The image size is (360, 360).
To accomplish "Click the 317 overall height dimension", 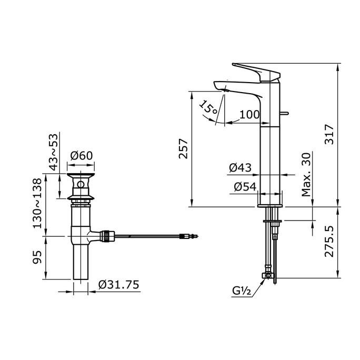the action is click(x=329, y=134).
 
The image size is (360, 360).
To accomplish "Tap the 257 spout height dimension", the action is click(x=183, y=148).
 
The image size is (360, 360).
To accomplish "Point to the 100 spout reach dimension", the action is click(x=249, y=114).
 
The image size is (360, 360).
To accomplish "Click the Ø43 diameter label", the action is click(x=240, y=167).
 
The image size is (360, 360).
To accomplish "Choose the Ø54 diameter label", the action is click(x=245, y=187).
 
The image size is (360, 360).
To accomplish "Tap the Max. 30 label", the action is click(x=306, y=175).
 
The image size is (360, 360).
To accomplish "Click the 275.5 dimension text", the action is click(x=329, y=241).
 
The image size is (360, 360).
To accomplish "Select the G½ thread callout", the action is click(x=242, y=291).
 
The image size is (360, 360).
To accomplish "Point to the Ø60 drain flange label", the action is click(x=82, y=156).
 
